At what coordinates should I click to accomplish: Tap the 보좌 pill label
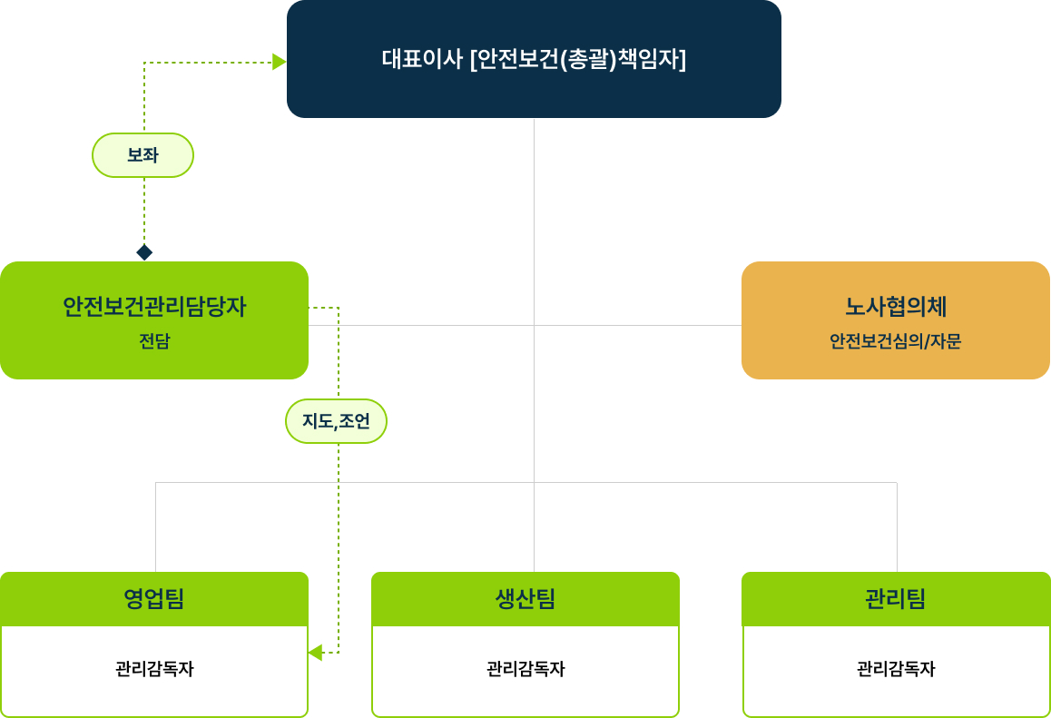pyautogui.click(x=143, y=155)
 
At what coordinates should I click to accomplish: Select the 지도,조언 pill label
pyautogui.click(x=336, y=421)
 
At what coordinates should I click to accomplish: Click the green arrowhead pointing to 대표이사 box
pyautogui.click(x=280, y=62)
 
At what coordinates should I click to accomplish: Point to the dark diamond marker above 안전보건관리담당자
pyautogui.click(x=144, y=252)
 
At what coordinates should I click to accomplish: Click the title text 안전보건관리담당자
pyautogui.click(x=154, y=307)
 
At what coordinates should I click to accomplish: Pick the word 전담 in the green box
pyautogui.click(x=154, y=342)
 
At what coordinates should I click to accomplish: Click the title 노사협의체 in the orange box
pyautogui.click(x=896, y=307)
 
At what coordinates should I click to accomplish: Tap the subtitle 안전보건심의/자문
pyautogui.click(x=896, y=342)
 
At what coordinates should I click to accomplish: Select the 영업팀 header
pyautogui.click(x=154, y=599)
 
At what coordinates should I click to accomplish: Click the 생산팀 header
pyautogui.click(x=525, y=599)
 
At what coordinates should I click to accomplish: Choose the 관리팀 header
pyautogui.click(x=896, y=599)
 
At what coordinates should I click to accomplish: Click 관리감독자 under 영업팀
pyautogui.click(x=154, y=669)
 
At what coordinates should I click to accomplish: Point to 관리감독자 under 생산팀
pyautogui.click(x=525, y=669)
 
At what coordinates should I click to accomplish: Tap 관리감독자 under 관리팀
pyautogui.click(x=896, y=669)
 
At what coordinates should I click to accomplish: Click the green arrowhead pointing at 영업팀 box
pyautogui.click(x=315, y=653)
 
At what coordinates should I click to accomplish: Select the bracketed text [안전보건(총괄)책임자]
pyautogui.click(x=578, y=60)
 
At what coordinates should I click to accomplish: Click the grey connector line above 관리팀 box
pyautogui.click(x=897, y=526)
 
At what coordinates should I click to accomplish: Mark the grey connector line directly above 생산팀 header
pyautogui.click(x=534, y=536)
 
